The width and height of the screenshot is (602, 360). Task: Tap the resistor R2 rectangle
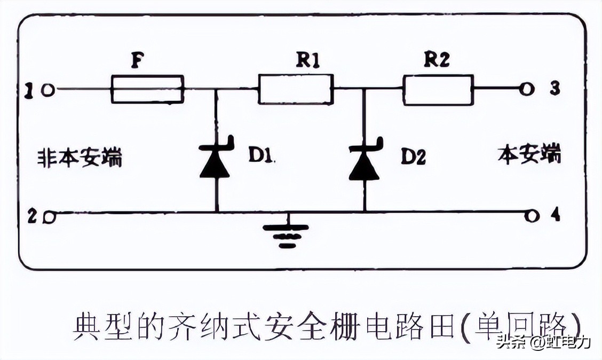point(438,89)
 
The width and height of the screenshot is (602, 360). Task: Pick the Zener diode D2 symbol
point(365,160)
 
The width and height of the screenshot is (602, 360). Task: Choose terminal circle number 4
point(529,215)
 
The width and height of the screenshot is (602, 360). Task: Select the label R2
point(437,60)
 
